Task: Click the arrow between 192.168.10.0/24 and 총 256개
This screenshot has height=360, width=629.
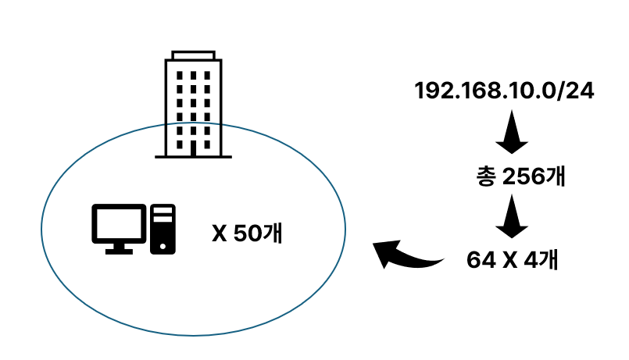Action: [x=512, y=134]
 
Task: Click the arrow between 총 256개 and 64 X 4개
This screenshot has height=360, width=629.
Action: [x=512, y=218]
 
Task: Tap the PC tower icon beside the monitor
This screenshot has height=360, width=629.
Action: [x=163, y=229]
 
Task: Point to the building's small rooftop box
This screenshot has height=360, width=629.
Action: [x=193, y=55]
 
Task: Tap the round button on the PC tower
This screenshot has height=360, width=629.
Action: [x=163, y=244]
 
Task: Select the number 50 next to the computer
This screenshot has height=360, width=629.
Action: [x=247, y=233]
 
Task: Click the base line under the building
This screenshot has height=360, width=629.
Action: [x=193, y=156]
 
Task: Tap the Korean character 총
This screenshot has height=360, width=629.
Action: [x=484, y=177]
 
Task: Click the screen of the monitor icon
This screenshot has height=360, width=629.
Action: [x=119, y=223]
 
